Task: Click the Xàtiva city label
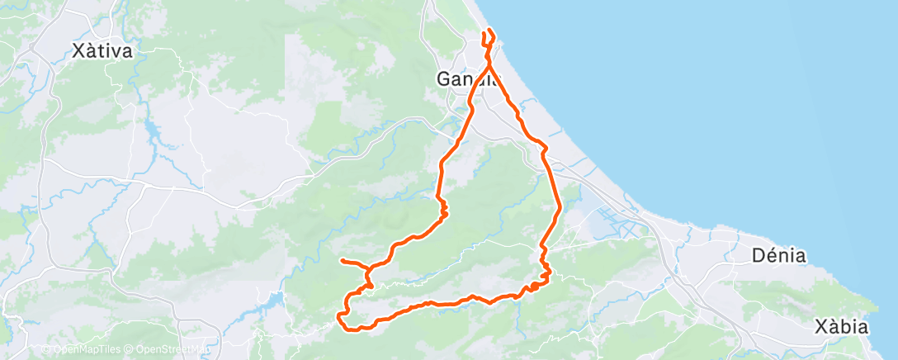[x=102, y=51]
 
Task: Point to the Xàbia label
[x=839, y=326]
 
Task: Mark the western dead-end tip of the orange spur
[x=341, y=261]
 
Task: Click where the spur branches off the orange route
[x=367, y=268]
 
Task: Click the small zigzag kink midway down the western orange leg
[x=443, y=211]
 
